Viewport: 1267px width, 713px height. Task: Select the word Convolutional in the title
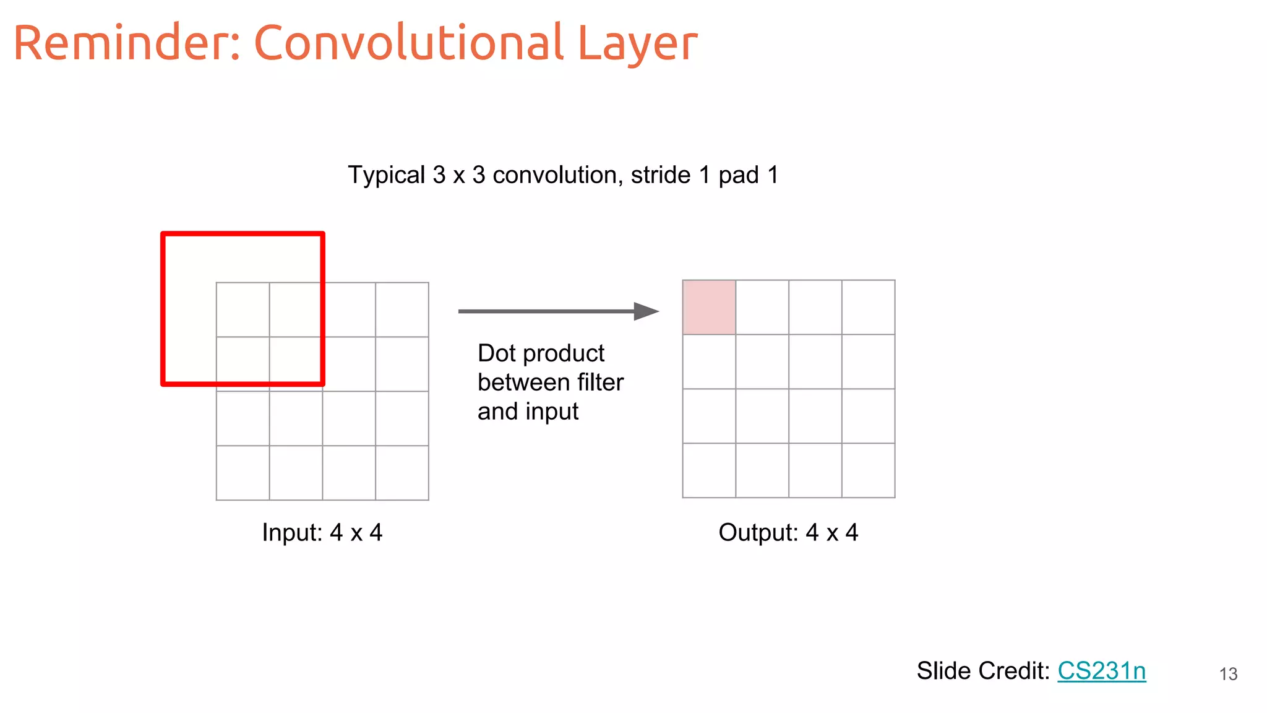[x=408, y=43]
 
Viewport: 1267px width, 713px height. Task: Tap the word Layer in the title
[x=637, y=45]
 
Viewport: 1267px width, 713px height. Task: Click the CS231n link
[x=1101, y=671]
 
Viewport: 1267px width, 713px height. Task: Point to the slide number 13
[x=1228, y=674]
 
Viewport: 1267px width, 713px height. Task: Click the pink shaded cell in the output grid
[x=709, y=307]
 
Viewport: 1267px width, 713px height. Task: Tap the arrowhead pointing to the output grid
[x=646, y=311]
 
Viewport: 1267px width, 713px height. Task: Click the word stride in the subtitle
[x=661, y=175]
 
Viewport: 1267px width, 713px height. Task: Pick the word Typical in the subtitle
[x=387, y=175]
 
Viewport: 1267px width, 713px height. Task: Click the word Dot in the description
[x=496, y=353]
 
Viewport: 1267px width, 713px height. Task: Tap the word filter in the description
[x=600, y=382]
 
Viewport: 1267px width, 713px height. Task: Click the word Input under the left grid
[x=291, y=532]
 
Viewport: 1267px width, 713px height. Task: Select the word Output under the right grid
[x=758, y=532]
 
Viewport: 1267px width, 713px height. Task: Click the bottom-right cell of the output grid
[x=868, y=470]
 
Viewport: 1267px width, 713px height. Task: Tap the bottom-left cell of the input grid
[x=243, y=473]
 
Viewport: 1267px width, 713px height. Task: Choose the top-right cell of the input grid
[x=402, y=309]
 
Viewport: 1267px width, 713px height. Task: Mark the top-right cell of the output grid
[x=868, y=307]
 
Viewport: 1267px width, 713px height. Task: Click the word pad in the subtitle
[x=738, y=176]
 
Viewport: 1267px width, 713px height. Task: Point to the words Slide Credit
[x=982, y=671]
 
